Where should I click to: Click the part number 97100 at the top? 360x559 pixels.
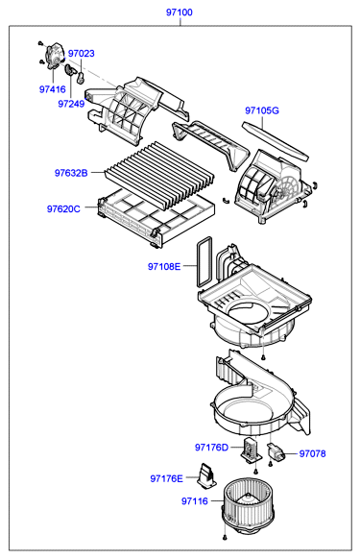coord(179,12)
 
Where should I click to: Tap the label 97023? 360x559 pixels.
coord(82,54)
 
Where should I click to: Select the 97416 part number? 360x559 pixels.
coord(53,89)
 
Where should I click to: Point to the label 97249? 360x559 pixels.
coord(71,104)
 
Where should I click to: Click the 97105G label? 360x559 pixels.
coord(262,110)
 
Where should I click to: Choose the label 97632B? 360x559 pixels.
coord(71,173)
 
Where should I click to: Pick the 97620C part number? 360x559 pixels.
coord(63,209)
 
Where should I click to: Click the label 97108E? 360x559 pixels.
coord(164,266)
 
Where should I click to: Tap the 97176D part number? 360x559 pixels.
coord(211,447)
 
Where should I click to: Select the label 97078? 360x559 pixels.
coord(312,453)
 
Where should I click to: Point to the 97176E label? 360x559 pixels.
coord(166,478)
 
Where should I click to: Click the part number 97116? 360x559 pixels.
coord(195,501)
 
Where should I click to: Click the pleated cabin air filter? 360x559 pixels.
coord(159,176)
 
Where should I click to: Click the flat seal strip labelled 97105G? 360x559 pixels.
coord(275,141)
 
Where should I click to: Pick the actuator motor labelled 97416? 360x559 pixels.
coord(54,56)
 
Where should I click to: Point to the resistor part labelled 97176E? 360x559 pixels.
coord(206,475)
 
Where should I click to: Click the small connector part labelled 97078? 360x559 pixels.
coord(276,451)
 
